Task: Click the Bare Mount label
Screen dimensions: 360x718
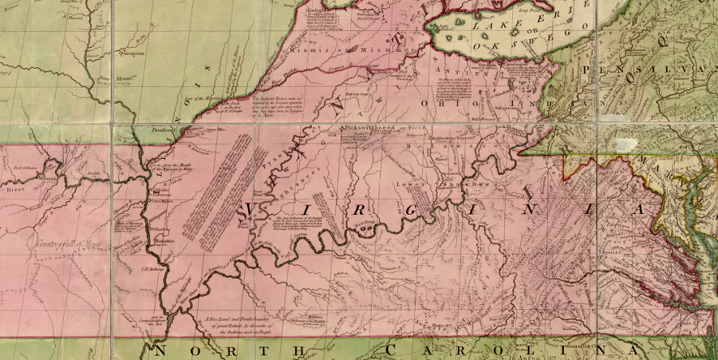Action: pyautogui.click(x=113, y=79)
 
